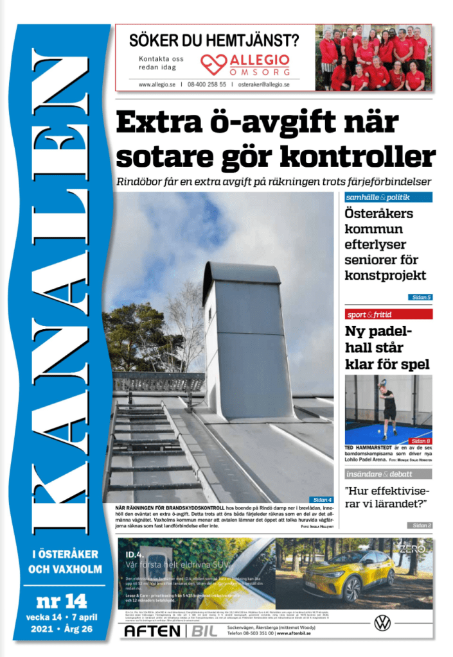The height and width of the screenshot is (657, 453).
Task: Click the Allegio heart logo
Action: [211, 63]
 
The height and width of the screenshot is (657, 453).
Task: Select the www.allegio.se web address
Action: [157, 84]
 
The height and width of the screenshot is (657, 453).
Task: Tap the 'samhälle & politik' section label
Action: [378, 198]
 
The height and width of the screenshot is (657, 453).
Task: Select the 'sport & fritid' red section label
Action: [369, 315]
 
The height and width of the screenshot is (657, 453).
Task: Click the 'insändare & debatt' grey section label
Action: [379, 474]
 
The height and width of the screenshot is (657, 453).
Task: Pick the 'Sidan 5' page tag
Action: [421, 297]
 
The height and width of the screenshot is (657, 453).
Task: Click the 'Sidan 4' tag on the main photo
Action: [322, 499]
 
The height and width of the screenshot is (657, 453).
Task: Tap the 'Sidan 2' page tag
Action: [421, 525]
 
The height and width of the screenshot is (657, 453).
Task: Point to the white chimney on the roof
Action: [247, 340]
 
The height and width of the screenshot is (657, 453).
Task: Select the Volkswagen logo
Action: [382, 622]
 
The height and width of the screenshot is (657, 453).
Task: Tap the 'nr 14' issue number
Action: [60, 601]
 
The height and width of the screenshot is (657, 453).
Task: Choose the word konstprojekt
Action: [385, 276]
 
